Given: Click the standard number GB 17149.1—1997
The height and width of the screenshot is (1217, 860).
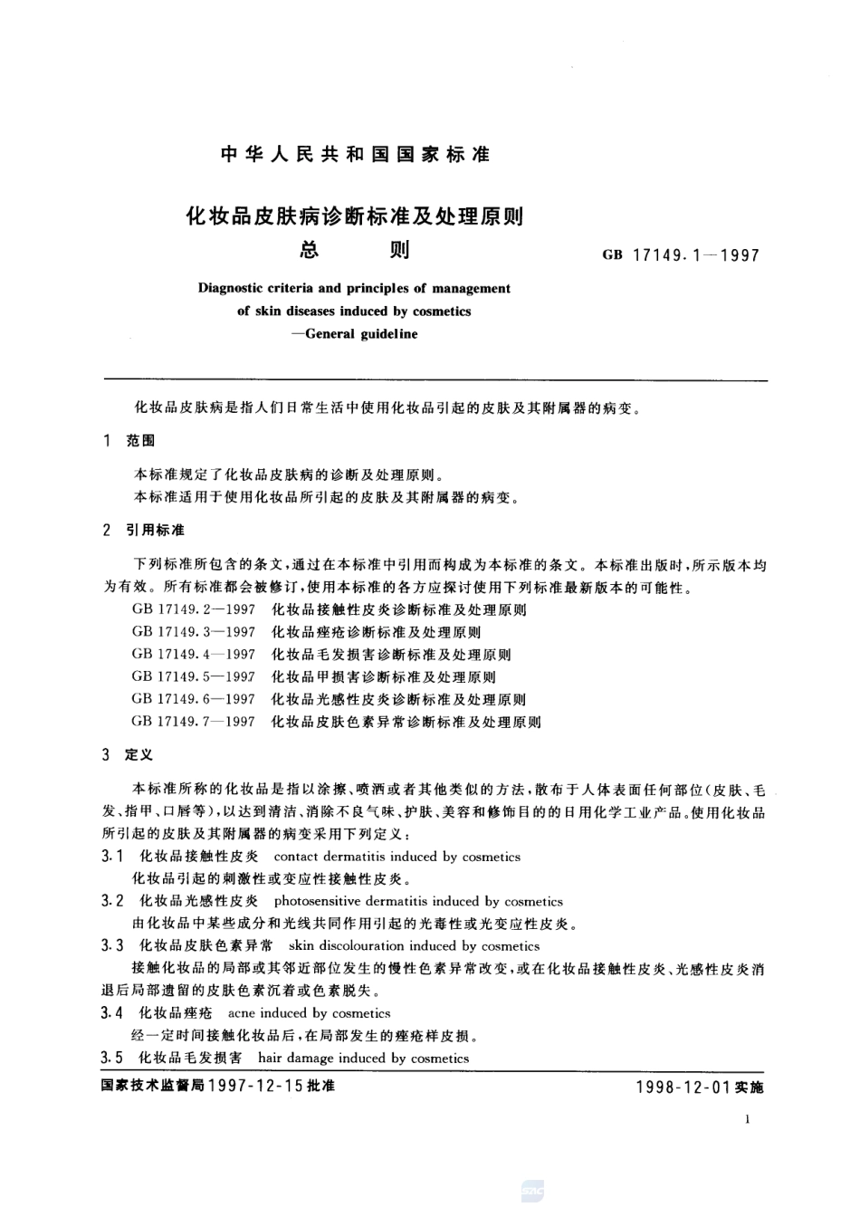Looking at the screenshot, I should pyautogui.click(x=681, y=255).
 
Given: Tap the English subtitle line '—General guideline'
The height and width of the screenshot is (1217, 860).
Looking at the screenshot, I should pyautogui.click(x=354, y=333).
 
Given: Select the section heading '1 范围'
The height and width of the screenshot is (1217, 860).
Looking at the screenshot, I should pyautogui.click(x=129, y=440).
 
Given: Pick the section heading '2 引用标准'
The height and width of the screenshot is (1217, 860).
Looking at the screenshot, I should pyautogui.click(x=143, y=529).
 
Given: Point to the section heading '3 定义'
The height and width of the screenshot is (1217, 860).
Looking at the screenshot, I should pyautogui.click(x=129, y=754).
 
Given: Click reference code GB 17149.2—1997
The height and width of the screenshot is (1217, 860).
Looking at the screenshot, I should pyautogui.click(x=193, y=610).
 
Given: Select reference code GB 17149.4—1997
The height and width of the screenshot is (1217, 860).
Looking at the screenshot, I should pyautogui.click(x=193, y=655).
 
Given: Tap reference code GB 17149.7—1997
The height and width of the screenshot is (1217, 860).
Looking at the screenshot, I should pyautogui.click(x=193, y=722).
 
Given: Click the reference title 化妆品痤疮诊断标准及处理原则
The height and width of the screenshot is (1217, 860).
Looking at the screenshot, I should pyautogui.click(x=376, y=632).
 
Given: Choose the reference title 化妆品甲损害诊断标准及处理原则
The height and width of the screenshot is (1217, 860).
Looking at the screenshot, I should pyautogui.click(x=383, y=676).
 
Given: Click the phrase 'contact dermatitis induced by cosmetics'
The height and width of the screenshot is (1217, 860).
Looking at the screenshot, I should pyautogui.click(x=397, y=857).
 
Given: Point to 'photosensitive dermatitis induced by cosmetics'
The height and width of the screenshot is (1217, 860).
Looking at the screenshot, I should pyautogui.click(x=418, y=901).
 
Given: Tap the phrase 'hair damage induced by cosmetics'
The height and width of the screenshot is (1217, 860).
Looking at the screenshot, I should pyautogui.click(x=363, y=1058).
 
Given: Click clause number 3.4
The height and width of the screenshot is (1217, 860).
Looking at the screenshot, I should pyautogui.click(x=112, y=1013).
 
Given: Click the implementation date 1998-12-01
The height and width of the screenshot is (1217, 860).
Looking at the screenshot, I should pyautogui.click(x=684, y=1087).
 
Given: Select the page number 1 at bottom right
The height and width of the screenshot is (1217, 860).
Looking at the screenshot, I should pyautogui.click(x=748, y=1120).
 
